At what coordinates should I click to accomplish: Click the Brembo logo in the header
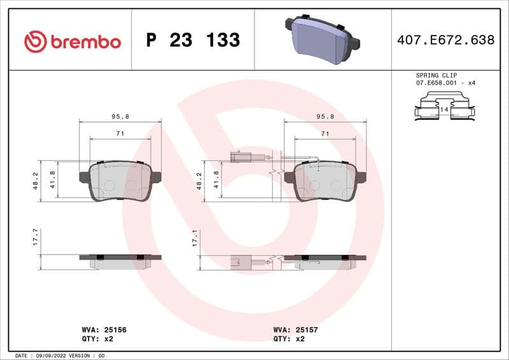coord(72,41)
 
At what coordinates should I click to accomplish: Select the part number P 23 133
coord(193,41)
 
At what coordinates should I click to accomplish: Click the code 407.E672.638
coord(445,41)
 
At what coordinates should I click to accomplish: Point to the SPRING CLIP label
coord(436,75)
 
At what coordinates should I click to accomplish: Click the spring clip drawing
coord(444,106)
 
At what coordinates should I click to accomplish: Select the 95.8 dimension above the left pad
coord(120,116)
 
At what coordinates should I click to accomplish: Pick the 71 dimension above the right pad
coord(324,134)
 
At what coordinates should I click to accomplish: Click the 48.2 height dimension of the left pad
coord(36,181)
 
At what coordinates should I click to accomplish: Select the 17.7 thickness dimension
coord(36,237)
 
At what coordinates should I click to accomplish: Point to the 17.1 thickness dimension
coord(195,239)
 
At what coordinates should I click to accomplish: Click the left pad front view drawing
coord(120,181)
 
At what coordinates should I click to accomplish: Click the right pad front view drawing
coord(325,181)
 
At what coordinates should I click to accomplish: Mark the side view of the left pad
coord(120,260)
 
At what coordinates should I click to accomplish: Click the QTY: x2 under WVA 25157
coord(289,339)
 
